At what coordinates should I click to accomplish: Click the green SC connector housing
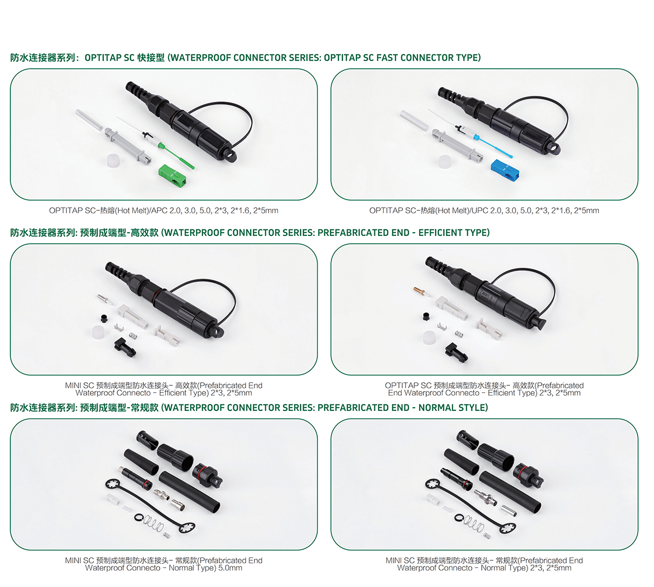[x=172, y=176]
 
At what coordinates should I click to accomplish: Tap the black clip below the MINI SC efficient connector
[x=125, y=348]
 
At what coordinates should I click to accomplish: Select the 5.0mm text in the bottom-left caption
[x=230, y=568]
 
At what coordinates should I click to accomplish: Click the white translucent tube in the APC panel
[x=89, y=120]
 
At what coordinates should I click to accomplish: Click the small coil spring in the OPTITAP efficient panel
[x=459, y=334]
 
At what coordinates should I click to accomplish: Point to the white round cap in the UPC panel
[x=445, y=162]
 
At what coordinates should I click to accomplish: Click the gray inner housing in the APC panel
[x=128, y=146]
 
